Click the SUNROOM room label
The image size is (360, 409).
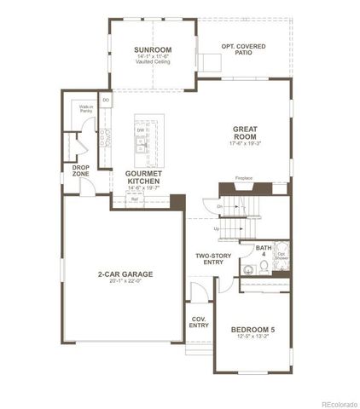[x=154, y=50]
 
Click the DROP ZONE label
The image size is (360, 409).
[x=81, y=171]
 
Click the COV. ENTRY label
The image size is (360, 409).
[x=198, y=321]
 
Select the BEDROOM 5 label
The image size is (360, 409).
[x=253, y=329]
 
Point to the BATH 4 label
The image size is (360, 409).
[x=263, y=251]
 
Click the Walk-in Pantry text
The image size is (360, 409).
[x=86, y=108]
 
